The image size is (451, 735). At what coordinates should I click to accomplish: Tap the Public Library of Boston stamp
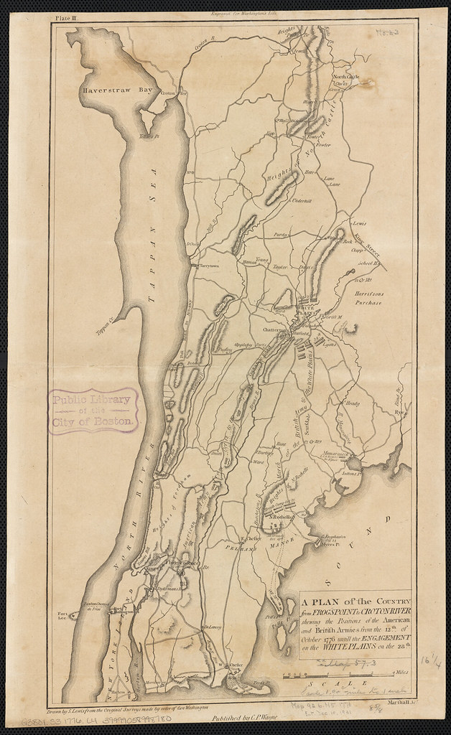(x=92, y=411)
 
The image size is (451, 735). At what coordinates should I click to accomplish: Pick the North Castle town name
(x=346, y=77)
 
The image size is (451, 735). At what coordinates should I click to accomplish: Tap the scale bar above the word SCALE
(x=338, y=675)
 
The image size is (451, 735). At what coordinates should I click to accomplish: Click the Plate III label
(x=66, y=15)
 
